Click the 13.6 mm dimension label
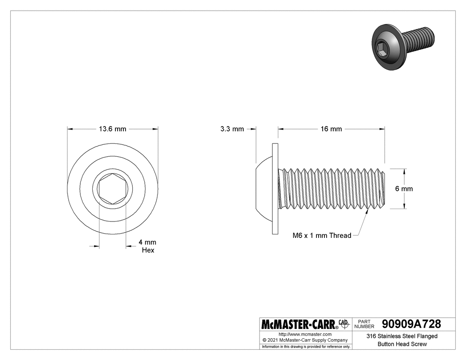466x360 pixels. pyautogui.click(x=112, y=129)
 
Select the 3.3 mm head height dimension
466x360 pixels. pyautogui.click(x=232, y=129)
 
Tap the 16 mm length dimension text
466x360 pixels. pyautogui.click(x=331, y=129)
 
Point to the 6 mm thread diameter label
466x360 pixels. pyautogui.click(x=404, y=189)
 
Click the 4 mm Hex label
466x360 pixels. pyautogui.click(x=147, y=246)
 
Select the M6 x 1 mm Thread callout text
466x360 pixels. pyautogui.click(x=321, y=236)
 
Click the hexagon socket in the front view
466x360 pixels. pyautogui.click(x=113, y=189)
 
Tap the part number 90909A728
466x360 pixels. pyautogui.click(x=411, y=324)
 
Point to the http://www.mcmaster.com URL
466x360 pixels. pyautogui.click(x=305, y=334)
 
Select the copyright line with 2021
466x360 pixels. pyautogui.click(x=305, y=340)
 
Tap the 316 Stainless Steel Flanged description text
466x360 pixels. pyautogui.click(x=402, y=336)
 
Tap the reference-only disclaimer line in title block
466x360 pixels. pyautogui.click(x=306, y=346)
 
